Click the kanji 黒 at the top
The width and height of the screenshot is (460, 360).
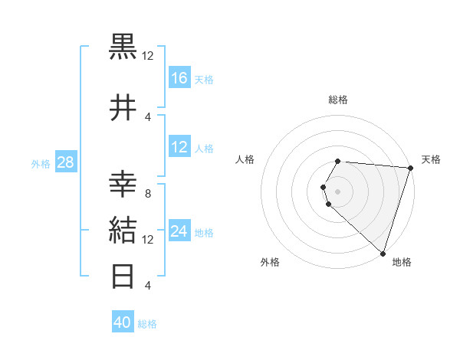coord(124,46)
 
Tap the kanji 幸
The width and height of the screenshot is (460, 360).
coord(124,185)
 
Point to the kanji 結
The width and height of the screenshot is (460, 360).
coord(124,230)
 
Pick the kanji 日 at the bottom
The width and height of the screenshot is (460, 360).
coord(124,275)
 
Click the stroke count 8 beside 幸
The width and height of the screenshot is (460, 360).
coord(147,194)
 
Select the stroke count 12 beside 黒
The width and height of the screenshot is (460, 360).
coord(148,55)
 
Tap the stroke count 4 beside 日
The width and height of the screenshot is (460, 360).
coord(147,285)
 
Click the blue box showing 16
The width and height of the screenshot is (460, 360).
coord(179,77)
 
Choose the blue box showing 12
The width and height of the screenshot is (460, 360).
coord(179,147)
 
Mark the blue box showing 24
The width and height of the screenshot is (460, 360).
coord(179,231)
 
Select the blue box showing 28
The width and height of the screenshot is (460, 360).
coord(65,162)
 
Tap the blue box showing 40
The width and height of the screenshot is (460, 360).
coord(123,322)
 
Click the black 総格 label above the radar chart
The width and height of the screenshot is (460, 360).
coord(338,100)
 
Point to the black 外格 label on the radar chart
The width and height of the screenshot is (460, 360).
coord(270,262)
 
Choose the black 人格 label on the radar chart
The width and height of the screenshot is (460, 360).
coord(245,159)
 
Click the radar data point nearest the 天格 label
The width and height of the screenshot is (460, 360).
coord(410,169)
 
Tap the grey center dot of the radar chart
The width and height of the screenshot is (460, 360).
coord(337,191)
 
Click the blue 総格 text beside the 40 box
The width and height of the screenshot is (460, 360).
coord(147,324)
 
